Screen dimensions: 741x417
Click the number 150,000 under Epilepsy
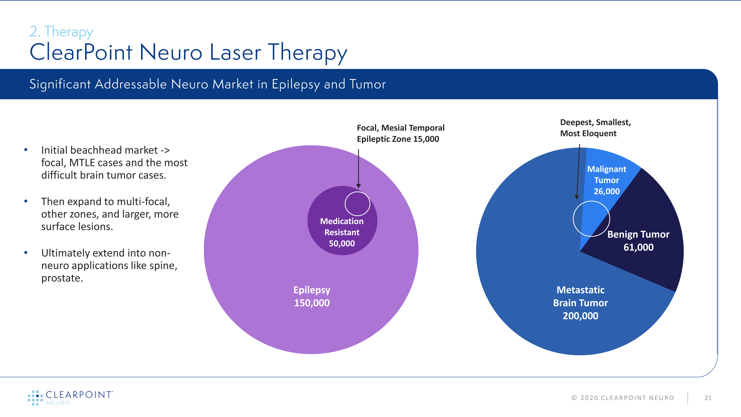pos(312,303)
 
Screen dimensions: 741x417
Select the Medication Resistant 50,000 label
pos(342,232)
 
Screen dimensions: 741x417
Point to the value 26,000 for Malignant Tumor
pos(607,191)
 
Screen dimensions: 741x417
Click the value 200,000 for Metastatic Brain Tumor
pos(581,316)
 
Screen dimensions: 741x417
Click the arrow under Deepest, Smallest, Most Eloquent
pos(578,172)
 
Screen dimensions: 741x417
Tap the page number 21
pos(708,398)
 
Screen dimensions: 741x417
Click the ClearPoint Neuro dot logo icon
pos(35,398)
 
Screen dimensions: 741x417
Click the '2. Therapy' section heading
pos(61,32)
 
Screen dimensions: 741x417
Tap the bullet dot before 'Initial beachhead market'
pos(26,150)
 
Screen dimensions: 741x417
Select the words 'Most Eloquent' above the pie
pos(588,133)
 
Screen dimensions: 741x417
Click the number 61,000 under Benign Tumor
pos(638,247)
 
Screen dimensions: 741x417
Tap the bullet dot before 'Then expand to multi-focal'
pos(26,201)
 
